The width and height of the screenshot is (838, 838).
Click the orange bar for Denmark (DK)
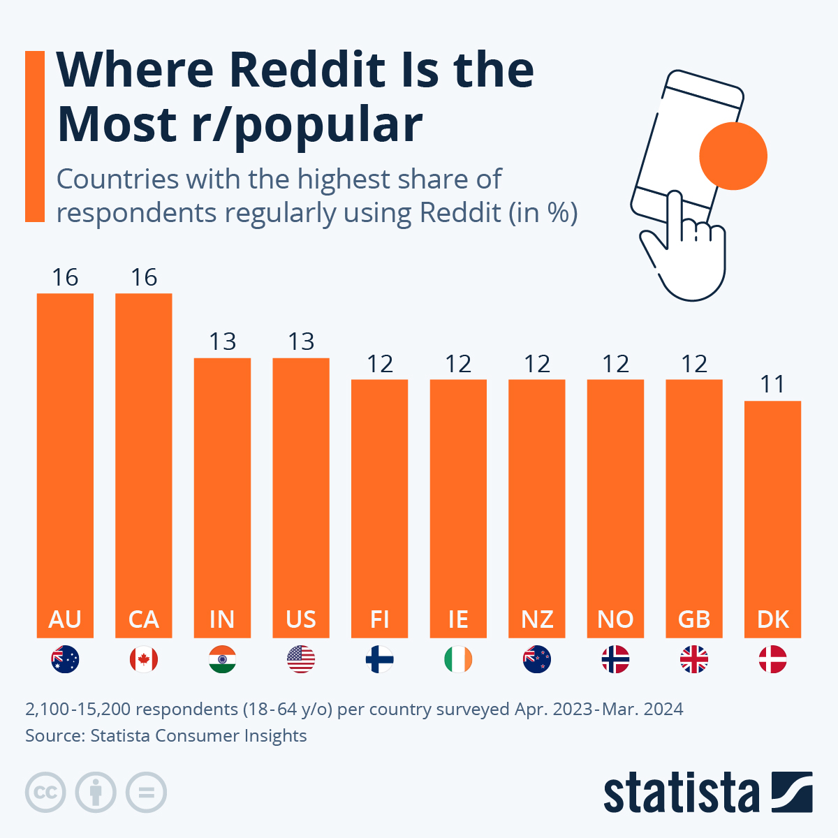(x=772, y=517)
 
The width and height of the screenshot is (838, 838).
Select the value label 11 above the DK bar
(x=772, y=384)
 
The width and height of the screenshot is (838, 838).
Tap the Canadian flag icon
(x=144, y=659)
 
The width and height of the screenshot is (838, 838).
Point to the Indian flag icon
(x=222, y=659)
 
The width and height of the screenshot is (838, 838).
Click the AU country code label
(x=65, y=619)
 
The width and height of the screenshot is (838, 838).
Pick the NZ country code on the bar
(x=537, y=619)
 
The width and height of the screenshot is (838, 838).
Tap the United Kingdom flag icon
(x=694, y=659)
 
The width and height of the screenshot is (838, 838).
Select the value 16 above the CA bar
(x=144, y=277)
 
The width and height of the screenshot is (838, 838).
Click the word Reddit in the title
(x=307, y=70)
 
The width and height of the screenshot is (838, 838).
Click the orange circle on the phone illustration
(x=733, y=156)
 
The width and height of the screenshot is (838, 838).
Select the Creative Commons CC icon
(x=45, y=793)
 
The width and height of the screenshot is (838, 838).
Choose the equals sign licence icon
(x=146, y=793)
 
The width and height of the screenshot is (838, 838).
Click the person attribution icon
(x=96, y=793)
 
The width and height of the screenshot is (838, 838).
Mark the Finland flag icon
(x=379, y=659)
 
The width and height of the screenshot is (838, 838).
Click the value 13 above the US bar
(x=301, y=341)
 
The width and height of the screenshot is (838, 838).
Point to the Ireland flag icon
(x=458, y=659)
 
